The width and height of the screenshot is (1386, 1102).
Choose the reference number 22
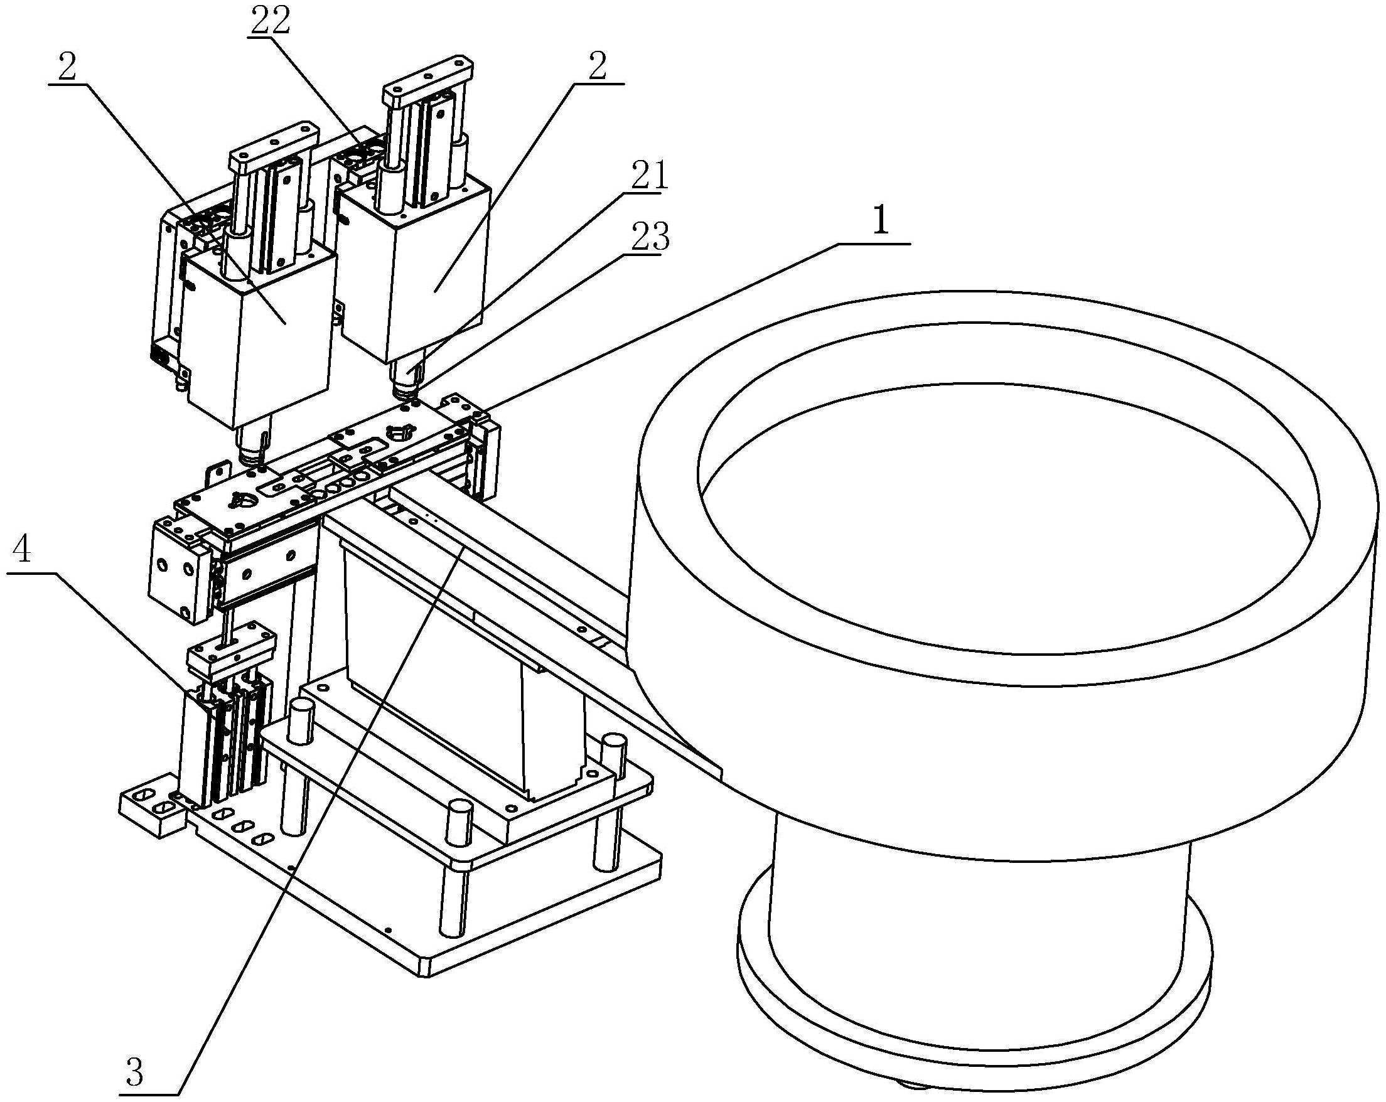270,22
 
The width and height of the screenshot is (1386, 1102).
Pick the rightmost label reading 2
598,67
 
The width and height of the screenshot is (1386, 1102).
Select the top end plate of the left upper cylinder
274,144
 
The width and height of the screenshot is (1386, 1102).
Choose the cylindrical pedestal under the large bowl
977,912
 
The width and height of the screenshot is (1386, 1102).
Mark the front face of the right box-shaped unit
437,276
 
